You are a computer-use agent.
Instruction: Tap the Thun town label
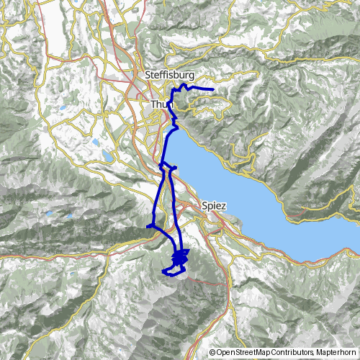pyautogui.click(x=161, y=105)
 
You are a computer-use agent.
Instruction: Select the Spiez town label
pyautogui.click(x=215, y=205)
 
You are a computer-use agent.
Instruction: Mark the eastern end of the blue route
pyautogui.click(x=215, y=89)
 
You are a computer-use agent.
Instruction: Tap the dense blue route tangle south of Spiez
pyautogui.click(x=180, y=257)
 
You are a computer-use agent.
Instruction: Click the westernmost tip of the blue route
pyautogui.click(x=148, y=227)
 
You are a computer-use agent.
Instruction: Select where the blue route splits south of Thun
pyautogui.click(x=161, y=166)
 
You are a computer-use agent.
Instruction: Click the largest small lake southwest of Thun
pyautogui.click(x=107, y=156)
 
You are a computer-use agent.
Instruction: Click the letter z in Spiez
pyautogui.click(x=224, y=205)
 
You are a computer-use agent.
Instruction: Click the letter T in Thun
pyautogui.click(x=153, y=105)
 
